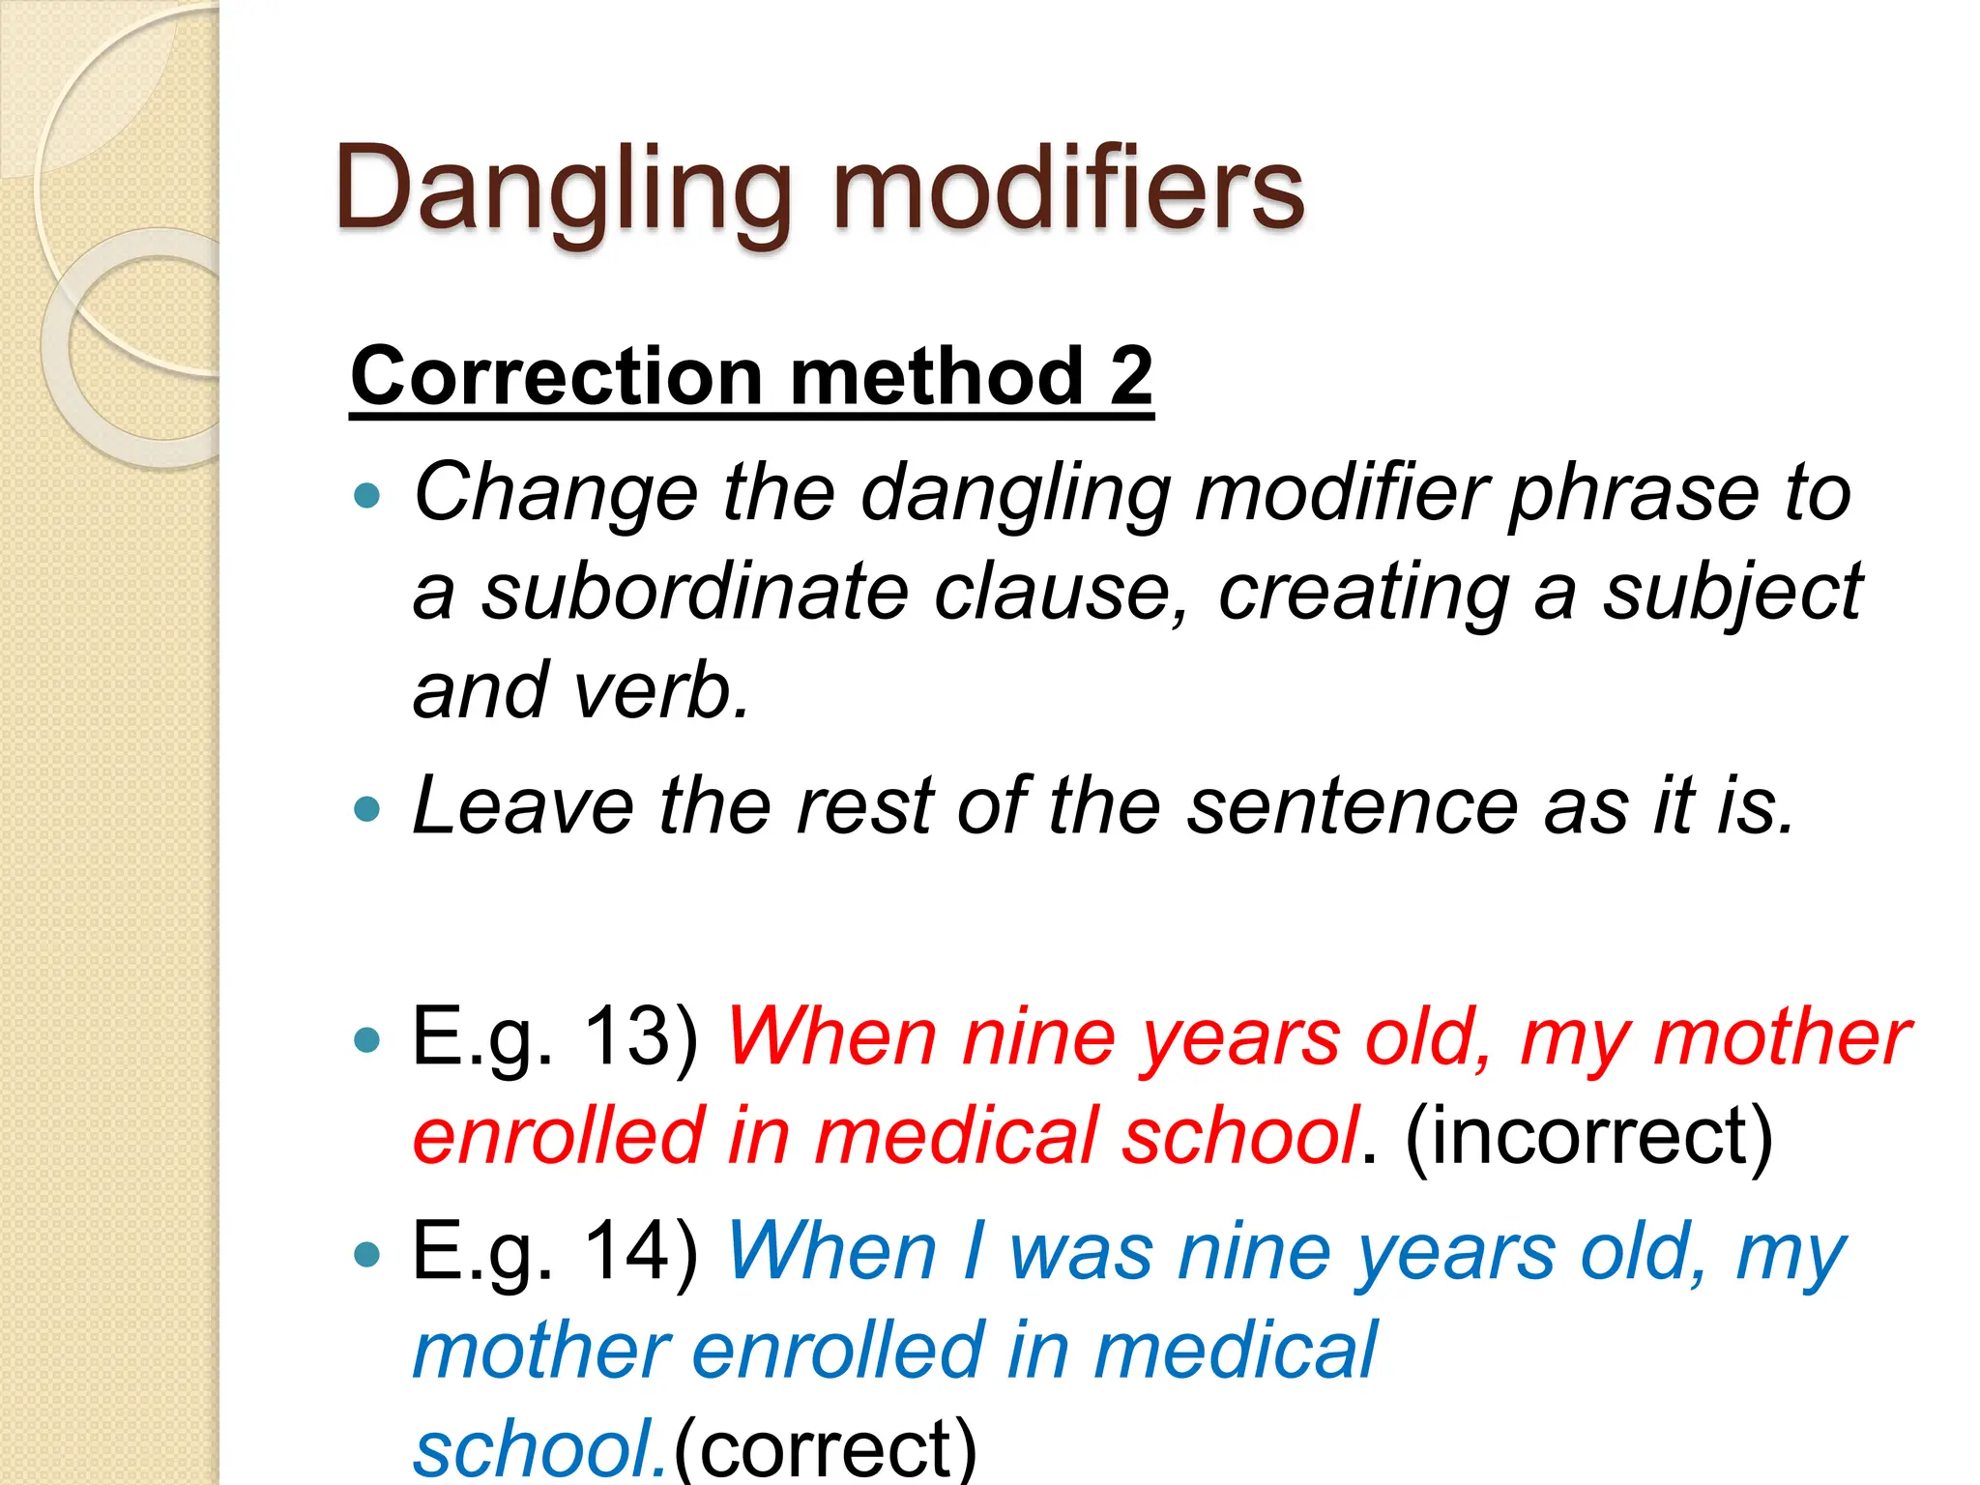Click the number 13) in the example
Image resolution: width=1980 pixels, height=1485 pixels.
point(641,1038)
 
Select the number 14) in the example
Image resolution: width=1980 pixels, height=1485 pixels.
point(641,1253)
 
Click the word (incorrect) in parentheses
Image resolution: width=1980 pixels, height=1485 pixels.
point(1588,1137)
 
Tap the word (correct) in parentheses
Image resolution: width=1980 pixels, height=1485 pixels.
point(826,1448)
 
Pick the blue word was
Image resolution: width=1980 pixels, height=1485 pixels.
point(1081,1253)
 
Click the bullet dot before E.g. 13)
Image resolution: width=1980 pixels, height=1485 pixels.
point(367,1040)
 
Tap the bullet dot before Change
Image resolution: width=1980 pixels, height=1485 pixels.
point(367,497)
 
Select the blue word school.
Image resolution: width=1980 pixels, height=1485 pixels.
point(538,1448)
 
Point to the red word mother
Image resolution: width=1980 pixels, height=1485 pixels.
point(1781,1038)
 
